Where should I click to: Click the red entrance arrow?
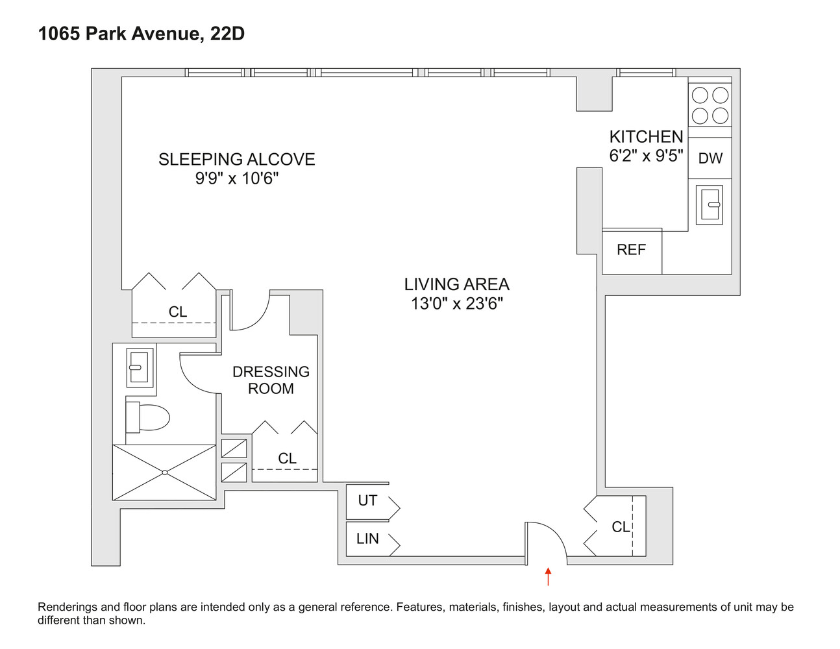coord(549,576)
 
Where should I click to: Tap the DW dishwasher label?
coord(710,158)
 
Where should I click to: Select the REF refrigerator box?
coord(632,250)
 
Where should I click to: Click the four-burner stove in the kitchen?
coord(710,105)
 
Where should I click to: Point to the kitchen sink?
coord(710,204)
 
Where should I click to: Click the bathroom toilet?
coord(147,417)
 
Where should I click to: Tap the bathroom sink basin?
coord(139,367)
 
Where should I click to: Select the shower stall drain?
coord(164,472)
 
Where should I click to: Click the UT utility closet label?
coord(367,501)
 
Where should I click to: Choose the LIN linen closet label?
coord(367,539)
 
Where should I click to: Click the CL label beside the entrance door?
coord(621,527)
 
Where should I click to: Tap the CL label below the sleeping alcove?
coord(177,312)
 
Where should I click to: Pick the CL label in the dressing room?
coord(287,458)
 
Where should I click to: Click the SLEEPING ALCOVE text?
coord(236,160)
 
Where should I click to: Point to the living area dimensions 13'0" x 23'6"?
coord(456,304)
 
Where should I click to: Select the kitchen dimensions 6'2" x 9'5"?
coord(646,156)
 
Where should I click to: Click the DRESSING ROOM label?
coord(271,380)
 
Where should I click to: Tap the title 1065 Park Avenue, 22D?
coord(142,34)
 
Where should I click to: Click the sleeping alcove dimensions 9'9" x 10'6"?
coord(236,178)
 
